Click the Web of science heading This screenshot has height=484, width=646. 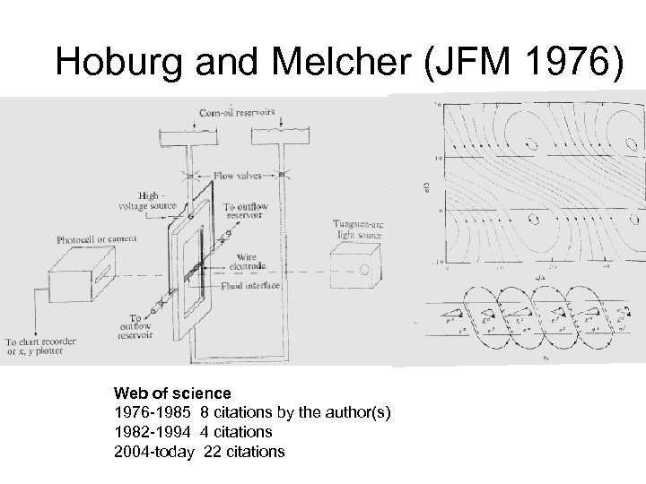[171, 393]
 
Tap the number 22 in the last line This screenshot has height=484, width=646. [213, 451]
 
